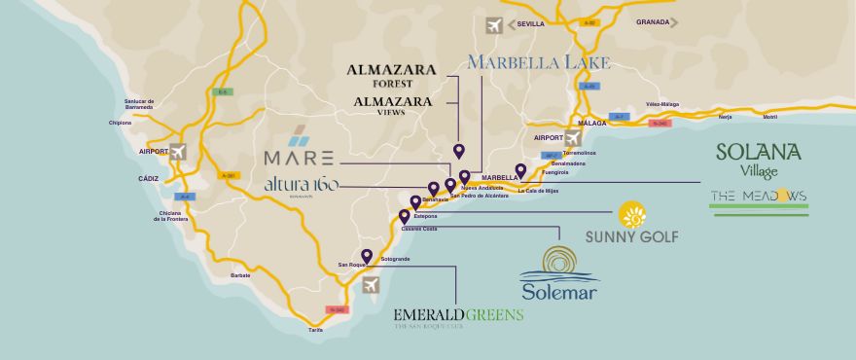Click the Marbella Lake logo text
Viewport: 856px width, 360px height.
538,63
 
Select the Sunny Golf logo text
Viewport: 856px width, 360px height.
631,236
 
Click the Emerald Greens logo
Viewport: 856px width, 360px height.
458,316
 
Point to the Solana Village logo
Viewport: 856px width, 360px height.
758,159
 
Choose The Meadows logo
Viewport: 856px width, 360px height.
759,197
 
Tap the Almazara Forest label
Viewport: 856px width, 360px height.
392,76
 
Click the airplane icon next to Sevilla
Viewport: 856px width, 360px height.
494,25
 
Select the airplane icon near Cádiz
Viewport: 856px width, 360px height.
177,152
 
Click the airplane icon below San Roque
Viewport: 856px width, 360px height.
370,284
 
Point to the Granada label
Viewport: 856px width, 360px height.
653,21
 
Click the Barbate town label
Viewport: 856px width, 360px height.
241,275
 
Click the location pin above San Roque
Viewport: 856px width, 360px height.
366,255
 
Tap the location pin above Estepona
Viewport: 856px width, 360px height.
415,202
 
